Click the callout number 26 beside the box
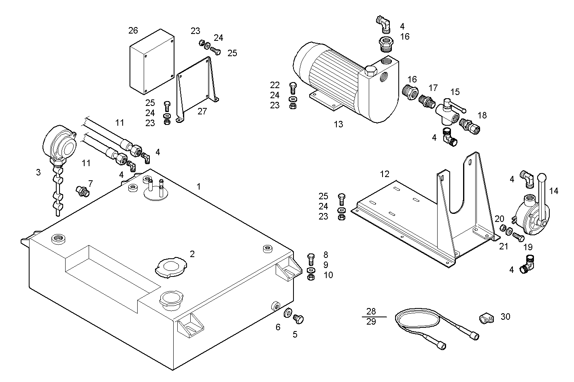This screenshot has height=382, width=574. click(x=133, y=30)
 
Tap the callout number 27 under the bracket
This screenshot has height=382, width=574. click(x=202, y=112)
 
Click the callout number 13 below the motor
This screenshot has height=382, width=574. click(x=338, y=125)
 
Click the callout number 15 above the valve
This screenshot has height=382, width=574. click(x=455, y=92)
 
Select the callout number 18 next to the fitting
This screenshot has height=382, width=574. click(x=482, y=115)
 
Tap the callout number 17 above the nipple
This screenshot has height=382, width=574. click(x=433, y=88)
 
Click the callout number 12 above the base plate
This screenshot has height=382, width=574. click(x=385, y=174)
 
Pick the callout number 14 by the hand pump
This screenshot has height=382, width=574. click(x=554, y=191)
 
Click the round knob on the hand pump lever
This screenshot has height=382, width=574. click(x=542, y=177)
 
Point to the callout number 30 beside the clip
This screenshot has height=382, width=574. click(x=505, y=317)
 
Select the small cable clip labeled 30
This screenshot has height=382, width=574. click(x=485, y=319)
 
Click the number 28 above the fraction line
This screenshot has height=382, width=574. click(x=371, y=311)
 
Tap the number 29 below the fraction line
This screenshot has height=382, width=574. click(x=371, y=322)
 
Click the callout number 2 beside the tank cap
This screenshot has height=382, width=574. click(x=192, y=254)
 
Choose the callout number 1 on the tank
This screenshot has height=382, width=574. click(x=198, y=186)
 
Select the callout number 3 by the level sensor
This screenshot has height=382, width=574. click(x=38, y=172)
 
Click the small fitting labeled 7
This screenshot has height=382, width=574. click(x=83, y=191)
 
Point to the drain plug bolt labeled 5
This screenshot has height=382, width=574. click(x=299, y=319)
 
